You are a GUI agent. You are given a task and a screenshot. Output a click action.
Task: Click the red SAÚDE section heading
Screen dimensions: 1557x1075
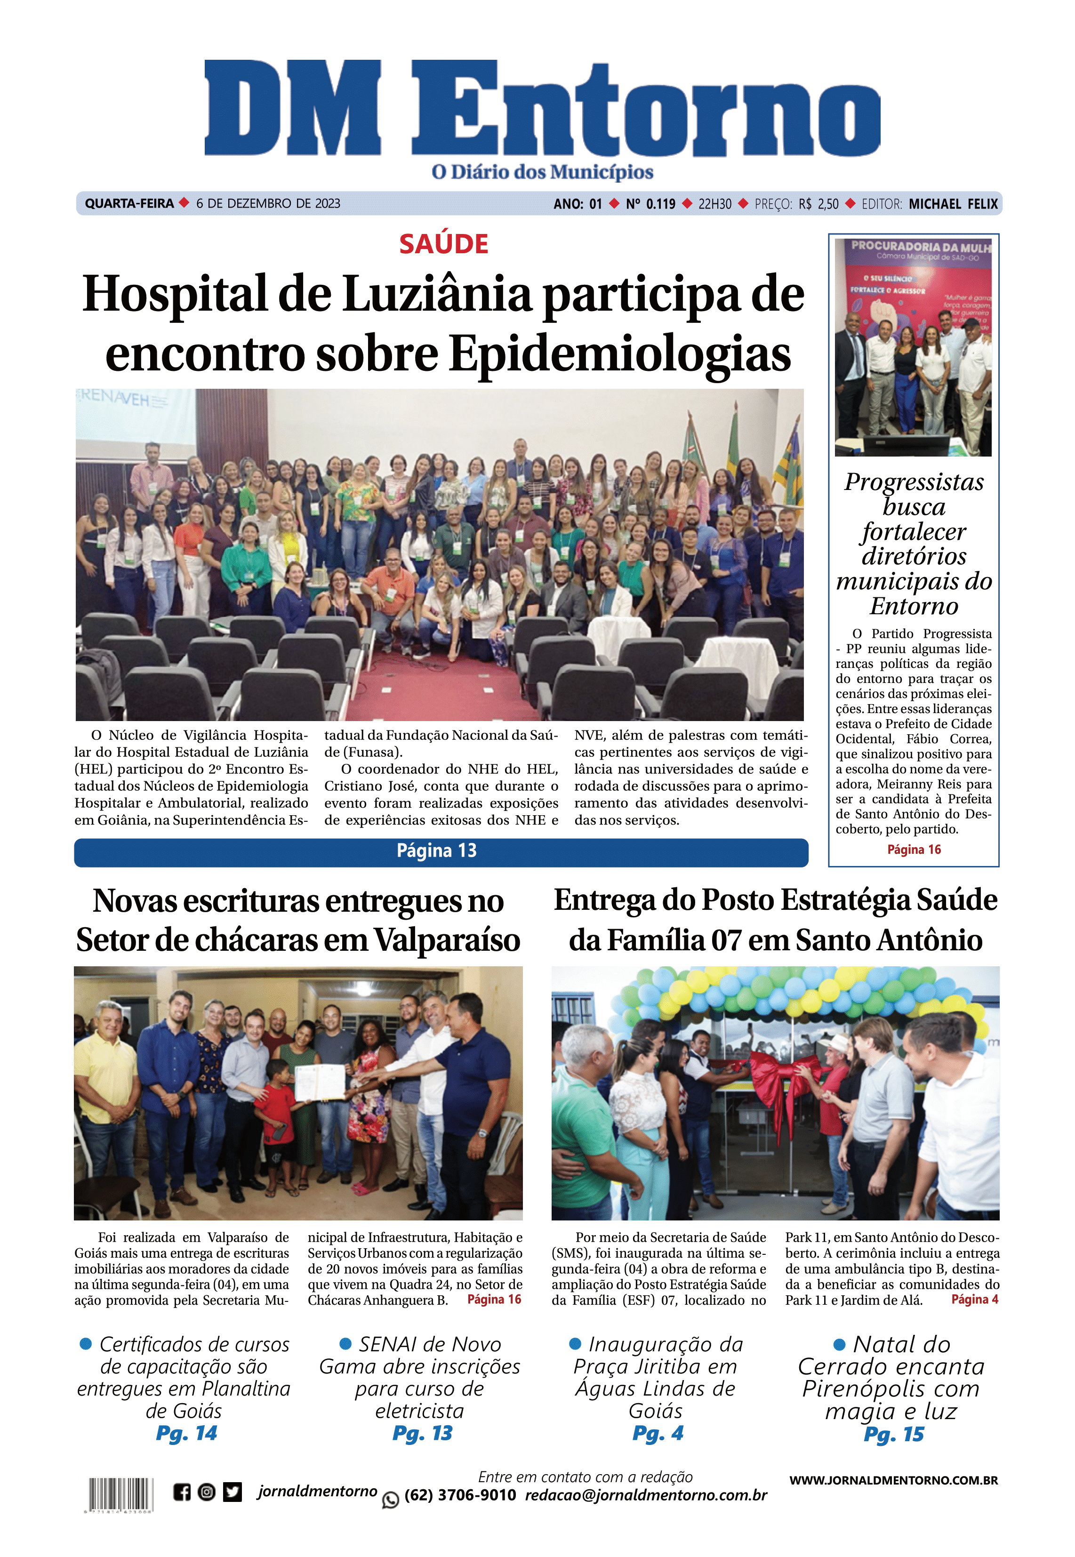[443, 244]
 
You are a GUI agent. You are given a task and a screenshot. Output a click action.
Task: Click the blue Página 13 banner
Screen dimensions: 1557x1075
[441, 851]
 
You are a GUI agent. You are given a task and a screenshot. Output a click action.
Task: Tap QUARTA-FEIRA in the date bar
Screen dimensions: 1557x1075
[128, 203]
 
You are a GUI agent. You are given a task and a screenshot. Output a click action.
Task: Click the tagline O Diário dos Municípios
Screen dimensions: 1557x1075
[542, 172]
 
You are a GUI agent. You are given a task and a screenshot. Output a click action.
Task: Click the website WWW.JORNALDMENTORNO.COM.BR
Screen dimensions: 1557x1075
[893, 1480]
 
